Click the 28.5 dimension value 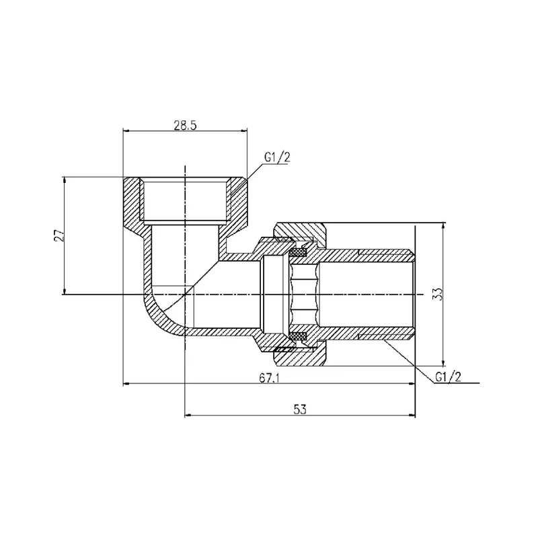[x=185, y=126]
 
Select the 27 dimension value [x=59, y=235]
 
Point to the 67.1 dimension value [x=270, y=378]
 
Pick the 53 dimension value [x=300, y=410]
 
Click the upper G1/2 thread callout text [x=277, y=157]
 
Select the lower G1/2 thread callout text [x=448, y=377]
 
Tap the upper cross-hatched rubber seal [x=298, y=254]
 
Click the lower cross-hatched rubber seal [x=298, y=335]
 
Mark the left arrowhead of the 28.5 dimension [x=126, y=130]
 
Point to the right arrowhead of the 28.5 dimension [x=244, y=130]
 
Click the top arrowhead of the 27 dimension [x=64, y=179]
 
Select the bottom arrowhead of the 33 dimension [x=443, y=363]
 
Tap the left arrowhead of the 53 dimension [x=188, y=416]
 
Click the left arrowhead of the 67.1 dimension [x=126, y=384]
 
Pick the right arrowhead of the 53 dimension [x=412, y=416]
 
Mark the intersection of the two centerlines [x=185, y=295]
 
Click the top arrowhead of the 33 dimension [x=443, y=226]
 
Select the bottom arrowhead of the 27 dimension [x=64, y=292]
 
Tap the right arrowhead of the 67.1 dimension [x=412, y=384]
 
